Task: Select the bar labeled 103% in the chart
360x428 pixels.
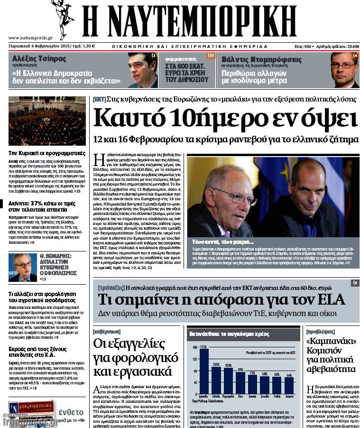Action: (216, 380)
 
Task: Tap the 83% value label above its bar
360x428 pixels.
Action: (241, 369)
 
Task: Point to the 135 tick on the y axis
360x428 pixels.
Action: (194, 359)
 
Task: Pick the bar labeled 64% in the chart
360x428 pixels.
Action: (289, 385)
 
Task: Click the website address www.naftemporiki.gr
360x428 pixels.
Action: (30, 37)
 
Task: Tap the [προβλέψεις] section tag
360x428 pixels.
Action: (321, 331)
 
